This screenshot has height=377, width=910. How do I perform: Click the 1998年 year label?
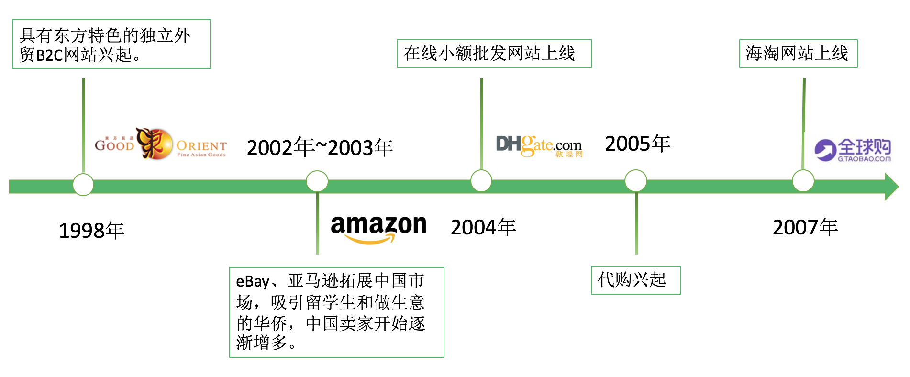(91, 231)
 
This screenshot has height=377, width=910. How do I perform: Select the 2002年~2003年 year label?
(320, 147)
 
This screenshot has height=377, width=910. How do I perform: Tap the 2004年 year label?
(483, 227)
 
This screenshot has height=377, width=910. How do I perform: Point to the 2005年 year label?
(637, 144)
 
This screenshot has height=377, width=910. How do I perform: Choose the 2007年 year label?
(805, 227)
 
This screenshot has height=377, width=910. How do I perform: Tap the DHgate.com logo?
(539, 145)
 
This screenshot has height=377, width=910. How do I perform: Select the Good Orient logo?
(160, 144)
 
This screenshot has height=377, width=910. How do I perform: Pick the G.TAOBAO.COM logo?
(853, 150)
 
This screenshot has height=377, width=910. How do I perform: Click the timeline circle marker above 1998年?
(83, 185)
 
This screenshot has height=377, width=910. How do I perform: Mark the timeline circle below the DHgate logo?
(481, 181)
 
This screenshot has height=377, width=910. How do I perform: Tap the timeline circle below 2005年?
(635, 181)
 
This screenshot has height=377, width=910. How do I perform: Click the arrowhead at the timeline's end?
(891, 187)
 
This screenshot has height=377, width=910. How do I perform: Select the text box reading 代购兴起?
(635, 280)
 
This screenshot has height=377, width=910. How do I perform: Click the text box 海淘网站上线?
(798, 54)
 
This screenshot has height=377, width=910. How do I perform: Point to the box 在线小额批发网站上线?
(494, 54)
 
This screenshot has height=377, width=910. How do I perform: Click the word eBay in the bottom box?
(252, 281)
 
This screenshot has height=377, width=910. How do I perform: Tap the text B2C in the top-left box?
(50, 55)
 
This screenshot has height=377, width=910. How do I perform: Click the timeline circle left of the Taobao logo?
(803, 181)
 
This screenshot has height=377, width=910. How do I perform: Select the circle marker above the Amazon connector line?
(317, 181)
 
